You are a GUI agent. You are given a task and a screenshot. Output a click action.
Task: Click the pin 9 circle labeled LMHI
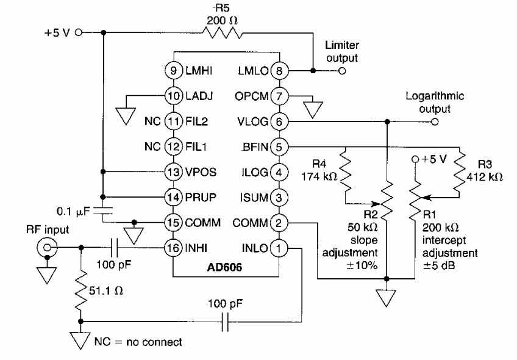click(173, 71)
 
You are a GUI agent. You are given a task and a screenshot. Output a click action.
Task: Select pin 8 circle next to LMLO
click(279, 71)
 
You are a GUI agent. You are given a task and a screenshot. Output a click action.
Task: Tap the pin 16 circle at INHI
click(173, 248)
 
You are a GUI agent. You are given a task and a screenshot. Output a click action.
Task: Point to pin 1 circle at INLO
click(279, 248)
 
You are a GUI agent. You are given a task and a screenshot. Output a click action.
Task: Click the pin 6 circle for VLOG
click(279, 121)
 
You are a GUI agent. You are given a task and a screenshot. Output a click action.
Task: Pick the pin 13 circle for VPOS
click(173, 172)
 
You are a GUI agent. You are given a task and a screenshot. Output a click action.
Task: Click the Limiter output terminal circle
click(342, 71)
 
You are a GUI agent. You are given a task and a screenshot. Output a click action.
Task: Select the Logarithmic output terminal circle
click(434, 121)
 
